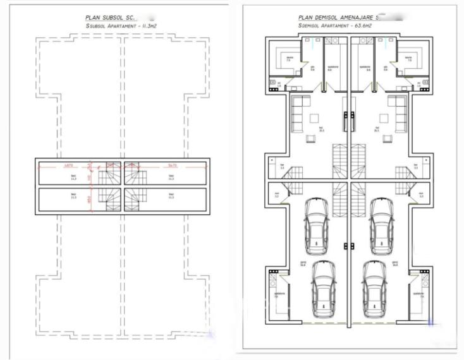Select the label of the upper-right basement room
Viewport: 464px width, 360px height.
tap(171, 178)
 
